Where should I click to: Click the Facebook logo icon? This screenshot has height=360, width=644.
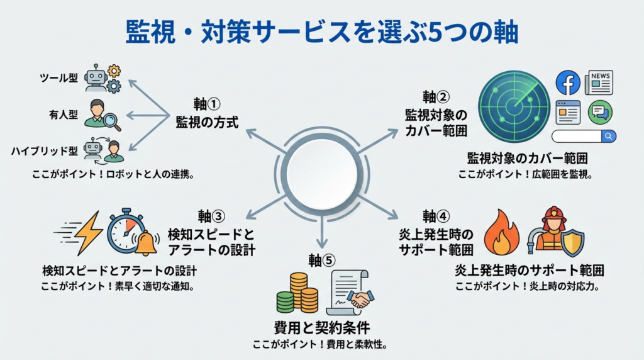point(568,83)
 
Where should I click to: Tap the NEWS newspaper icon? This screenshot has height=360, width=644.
point(599,82)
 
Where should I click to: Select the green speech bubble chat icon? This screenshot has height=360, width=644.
point(599,112)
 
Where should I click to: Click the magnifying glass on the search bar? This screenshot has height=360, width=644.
point(608,136)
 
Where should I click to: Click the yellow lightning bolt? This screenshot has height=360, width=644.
point(86,233)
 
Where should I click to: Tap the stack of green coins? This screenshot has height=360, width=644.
point(285,301)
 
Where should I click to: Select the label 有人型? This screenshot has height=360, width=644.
point(64,115)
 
